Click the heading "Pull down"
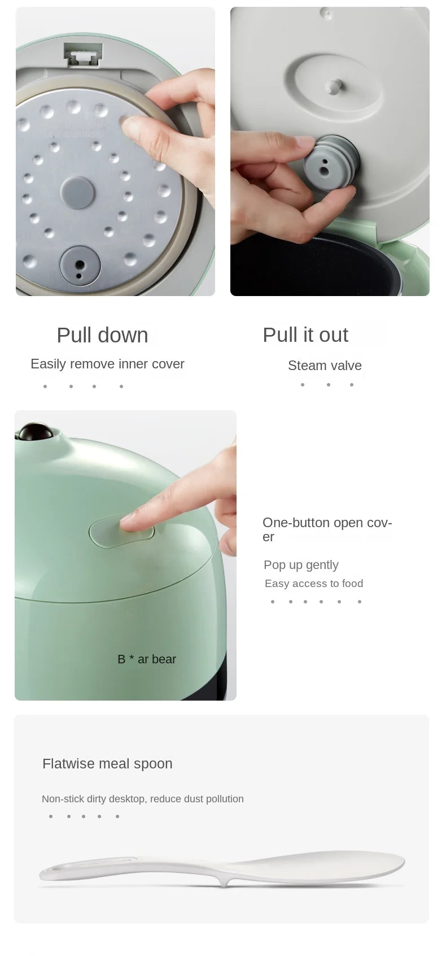102,335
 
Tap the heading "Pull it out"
305,334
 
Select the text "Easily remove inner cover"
107,364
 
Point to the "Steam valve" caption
325,366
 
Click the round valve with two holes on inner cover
80,266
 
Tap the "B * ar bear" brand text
147,659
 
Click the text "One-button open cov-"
327,523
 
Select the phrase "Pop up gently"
301,564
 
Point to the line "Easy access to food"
314,584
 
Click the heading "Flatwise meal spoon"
107,763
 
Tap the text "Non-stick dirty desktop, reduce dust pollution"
143,799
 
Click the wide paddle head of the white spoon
316,866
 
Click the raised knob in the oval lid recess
334,86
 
